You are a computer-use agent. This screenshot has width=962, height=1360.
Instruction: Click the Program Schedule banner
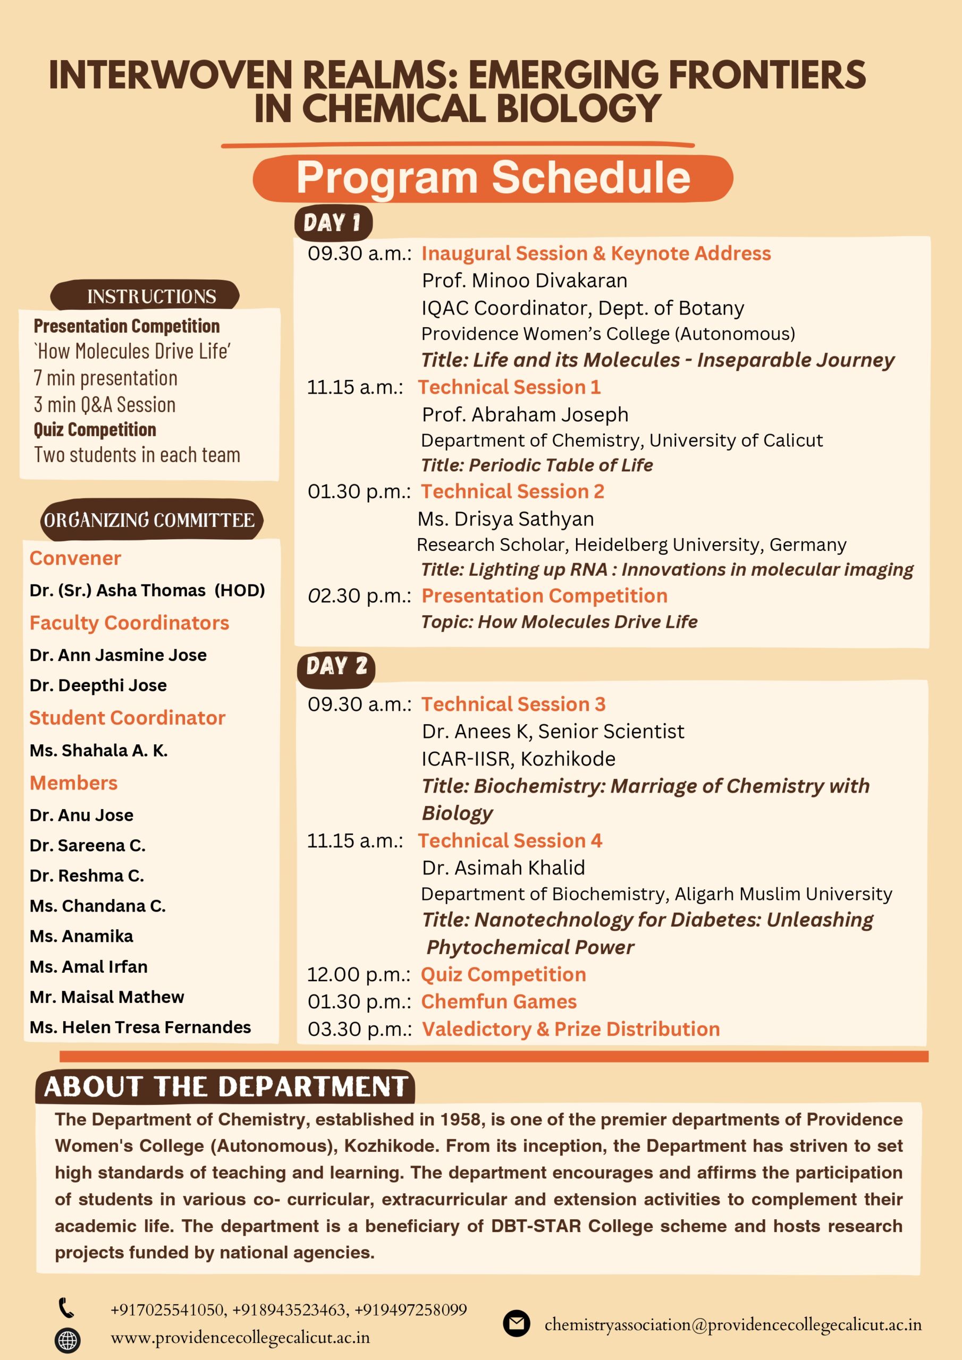(x=493, y=177)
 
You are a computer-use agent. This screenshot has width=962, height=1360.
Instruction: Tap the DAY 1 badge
(x=333, y=223)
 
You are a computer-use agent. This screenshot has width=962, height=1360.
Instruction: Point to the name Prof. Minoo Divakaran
(x=525, y=281)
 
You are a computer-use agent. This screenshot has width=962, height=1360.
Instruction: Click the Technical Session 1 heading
(x=509, y=387)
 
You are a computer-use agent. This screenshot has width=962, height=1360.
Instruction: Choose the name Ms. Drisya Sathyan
(x=505, y=519)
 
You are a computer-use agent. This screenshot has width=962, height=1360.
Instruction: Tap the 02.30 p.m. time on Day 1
(x=359, y=596)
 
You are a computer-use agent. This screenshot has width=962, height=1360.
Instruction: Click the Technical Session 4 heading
(x=510, y=840)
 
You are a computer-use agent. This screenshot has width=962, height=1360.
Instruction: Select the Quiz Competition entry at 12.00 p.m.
(x=503, y=974)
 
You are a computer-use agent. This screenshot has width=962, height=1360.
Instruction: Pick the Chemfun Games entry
(x=499, y=1001)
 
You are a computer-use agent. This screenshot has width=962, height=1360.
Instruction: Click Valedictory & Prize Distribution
(x=570, y=1029)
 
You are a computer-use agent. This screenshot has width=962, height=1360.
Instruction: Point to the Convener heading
(x=75, y=558)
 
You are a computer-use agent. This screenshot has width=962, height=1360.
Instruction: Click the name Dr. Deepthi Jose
(x=98, y=685)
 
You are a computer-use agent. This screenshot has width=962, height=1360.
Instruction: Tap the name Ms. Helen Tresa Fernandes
(x=140, y=1027)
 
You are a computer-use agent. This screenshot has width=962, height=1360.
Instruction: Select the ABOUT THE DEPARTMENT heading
(x=225, y=1087)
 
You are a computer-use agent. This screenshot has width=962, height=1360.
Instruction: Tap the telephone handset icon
(x=66, y=1308)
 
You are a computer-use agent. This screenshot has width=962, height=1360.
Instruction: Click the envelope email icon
(x=516, y=1323)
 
